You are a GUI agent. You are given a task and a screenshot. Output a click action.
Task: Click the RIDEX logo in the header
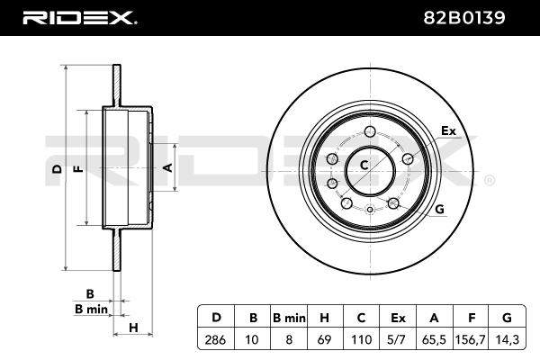tap(80, 18)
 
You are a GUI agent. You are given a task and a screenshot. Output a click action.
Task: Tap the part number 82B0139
tap(463, 18)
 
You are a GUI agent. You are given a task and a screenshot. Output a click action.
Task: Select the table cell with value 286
tap(215, 339)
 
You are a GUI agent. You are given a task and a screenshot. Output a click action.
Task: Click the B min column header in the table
tap(289, 318)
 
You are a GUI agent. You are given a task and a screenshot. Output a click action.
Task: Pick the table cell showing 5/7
tap(398, 339)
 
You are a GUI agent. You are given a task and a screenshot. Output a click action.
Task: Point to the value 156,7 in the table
tap(470, 339)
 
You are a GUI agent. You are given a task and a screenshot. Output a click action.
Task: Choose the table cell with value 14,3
tap(507, 339)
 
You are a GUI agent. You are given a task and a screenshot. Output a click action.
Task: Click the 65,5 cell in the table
tap(434, 339)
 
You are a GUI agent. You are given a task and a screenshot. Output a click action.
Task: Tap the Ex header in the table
tap(398, 318)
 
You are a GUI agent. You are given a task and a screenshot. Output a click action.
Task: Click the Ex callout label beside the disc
tap(448, 130)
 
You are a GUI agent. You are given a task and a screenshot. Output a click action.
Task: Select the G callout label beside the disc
tap(439, 209)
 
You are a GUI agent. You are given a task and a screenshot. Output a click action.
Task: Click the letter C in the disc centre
tap(364, 166)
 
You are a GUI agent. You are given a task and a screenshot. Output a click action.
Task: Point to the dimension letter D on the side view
tap(58, 169)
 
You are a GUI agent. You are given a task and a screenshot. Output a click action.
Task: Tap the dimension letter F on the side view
tap(79, 169)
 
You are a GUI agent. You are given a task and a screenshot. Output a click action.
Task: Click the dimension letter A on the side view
tap(167, 167)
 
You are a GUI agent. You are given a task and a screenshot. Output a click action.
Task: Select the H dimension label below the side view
tap(133, 328)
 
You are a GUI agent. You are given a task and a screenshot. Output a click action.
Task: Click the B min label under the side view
tap(91, 309)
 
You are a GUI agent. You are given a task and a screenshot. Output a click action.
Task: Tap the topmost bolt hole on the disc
tap(370, 131)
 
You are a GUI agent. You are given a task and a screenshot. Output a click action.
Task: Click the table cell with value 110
tap(361, 339)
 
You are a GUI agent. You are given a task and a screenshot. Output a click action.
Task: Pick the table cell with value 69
tap(325, 339)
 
